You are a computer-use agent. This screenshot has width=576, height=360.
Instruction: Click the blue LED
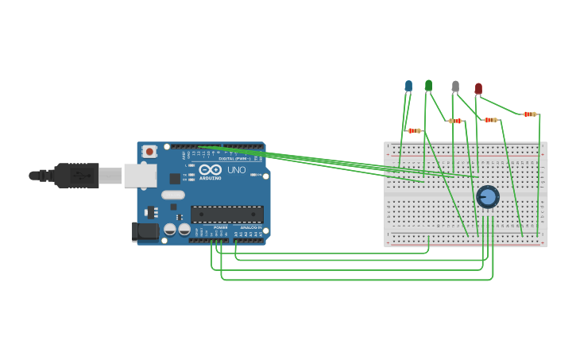408,85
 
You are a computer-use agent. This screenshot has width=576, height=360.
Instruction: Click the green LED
428,84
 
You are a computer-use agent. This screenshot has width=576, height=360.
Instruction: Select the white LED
455,86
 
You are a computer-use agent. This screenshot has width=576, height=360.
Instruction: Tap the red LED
478,88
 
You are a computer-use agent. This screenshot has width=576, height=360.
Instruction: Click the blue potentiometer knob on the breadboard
487,196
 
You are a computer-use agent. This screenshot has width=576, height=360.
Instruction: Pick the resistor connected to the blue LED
414,130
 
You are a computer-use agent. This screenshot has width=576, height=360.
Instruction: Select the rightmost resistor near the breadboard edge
529,114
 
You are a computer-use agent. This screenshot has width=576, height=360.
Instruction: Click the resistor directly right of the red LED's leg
490,120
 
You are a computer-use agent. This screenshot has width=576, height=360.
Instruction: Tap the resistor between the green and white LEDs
455,121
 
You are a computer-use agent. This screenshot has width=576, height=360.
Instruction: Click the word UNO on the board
237,170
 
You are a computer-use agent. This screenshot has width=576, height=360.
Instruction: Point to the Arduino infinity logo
211,169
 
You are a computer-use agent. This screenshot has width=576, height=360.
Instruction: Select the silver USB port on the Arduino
140,176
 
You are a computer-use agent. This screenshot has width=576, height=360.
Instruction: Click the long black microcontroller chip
227,214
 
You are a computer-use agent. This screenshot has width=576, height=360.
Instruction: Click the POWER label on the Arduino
220,227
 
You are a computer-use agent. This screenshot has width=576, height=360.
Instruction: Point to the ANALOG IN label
250,227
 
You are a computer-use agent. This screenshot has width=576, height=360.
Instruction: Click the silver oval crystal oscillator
172,195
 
